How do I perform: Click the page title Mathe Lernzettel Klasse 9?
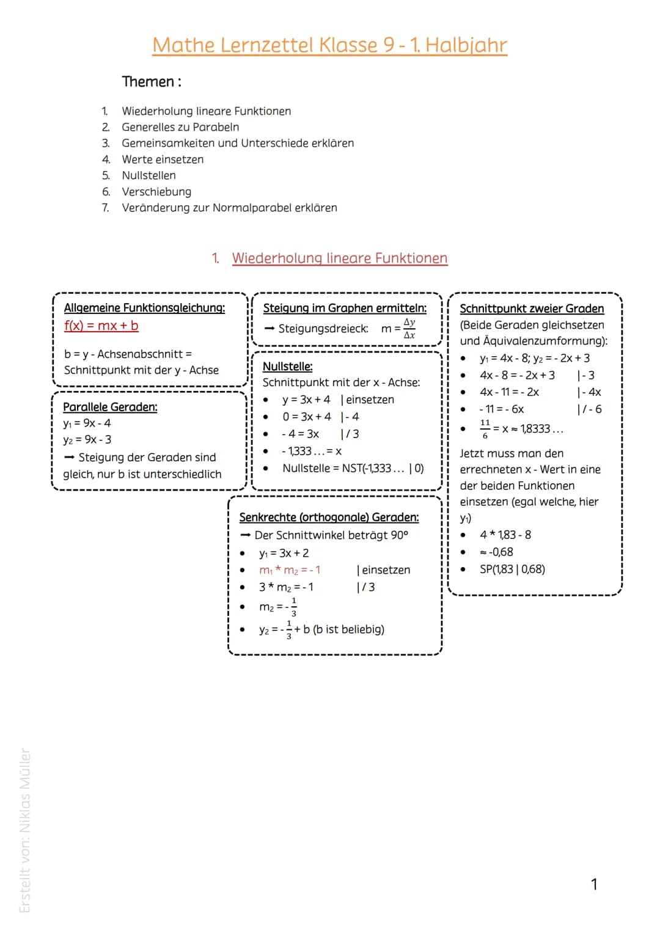click(329, 45)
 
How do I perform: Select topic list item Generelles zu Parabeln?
click(180, 127)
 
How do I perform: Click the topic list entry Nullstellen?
click(148, 175)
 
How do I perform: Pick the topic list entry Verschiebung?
click(156, 192)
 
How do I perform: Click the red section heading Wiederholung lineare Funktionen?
click(339, 258)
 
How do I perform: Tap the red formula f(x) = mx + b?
click(101, 326)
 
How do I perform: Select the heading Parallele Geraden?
click(110, 407)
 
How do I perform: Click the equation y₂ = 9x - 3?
click(87, 440)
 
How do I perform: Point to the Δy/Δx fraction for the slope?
click(409, 329)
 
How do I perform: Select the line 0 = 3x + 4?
click(306, 417)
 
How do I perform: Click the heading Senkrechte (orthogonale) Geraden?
click(329, 518)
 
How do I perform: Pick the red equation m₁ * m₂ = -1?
click(290, 570)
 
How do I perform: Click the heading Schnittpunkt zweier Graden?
click(532, 309)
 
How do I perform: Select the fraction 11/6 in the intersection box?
click(485, 429)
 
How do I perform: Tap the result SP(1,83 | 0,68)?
click(512, 569)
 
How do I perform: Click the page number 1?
click(594, 884)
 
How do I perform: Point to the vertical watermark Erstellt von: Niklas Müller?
click(25, 831)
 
